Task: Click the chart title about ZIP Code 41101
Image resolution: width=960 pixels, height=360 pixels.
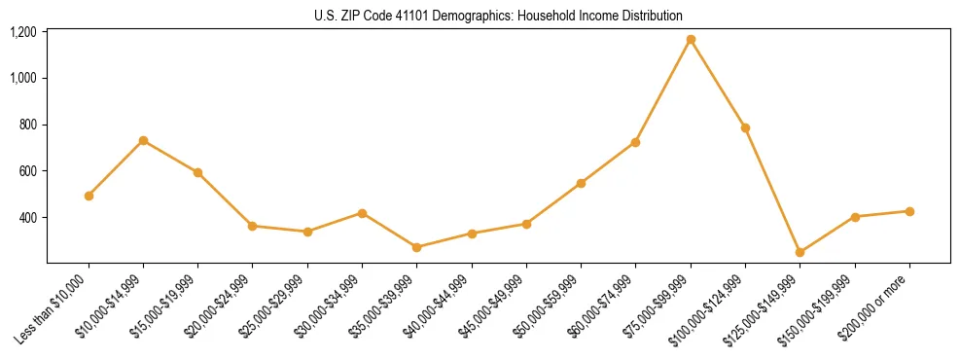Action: click(498, 16)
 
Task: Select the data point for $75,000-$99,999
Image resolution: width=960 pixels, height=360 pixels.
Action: click(691, 40)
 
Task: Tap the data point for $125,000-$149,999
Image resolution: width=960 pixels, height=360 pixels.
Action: click(800, 252)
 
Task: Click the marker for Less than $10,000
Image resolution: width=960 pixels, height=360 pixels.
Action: click(89, 196)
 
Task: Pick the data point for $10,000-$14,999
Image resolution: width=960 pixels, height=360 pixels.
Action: click(143, 141)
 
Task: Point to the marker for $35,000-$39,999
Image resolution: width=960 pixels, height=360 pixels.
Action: click(417, 247)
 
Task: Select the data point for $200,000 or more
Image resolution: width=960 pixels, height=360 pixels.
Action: click(909, 211)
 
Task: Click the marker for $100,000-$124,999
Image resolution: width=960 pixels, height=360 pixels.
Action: click(745, 127)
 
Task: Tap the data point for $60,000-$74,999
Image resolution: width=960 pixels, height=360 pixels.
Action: click(636, 142)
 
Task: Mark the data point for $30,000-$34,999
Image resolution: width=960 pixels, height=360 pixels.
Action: click(362, 213)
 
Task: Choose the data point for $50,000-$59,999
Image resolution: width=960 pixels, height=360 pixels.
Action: click(581, 183)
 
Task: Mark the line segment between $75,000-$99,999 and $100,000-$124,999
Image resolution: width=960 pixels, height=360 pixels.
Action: click(718, 84)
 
